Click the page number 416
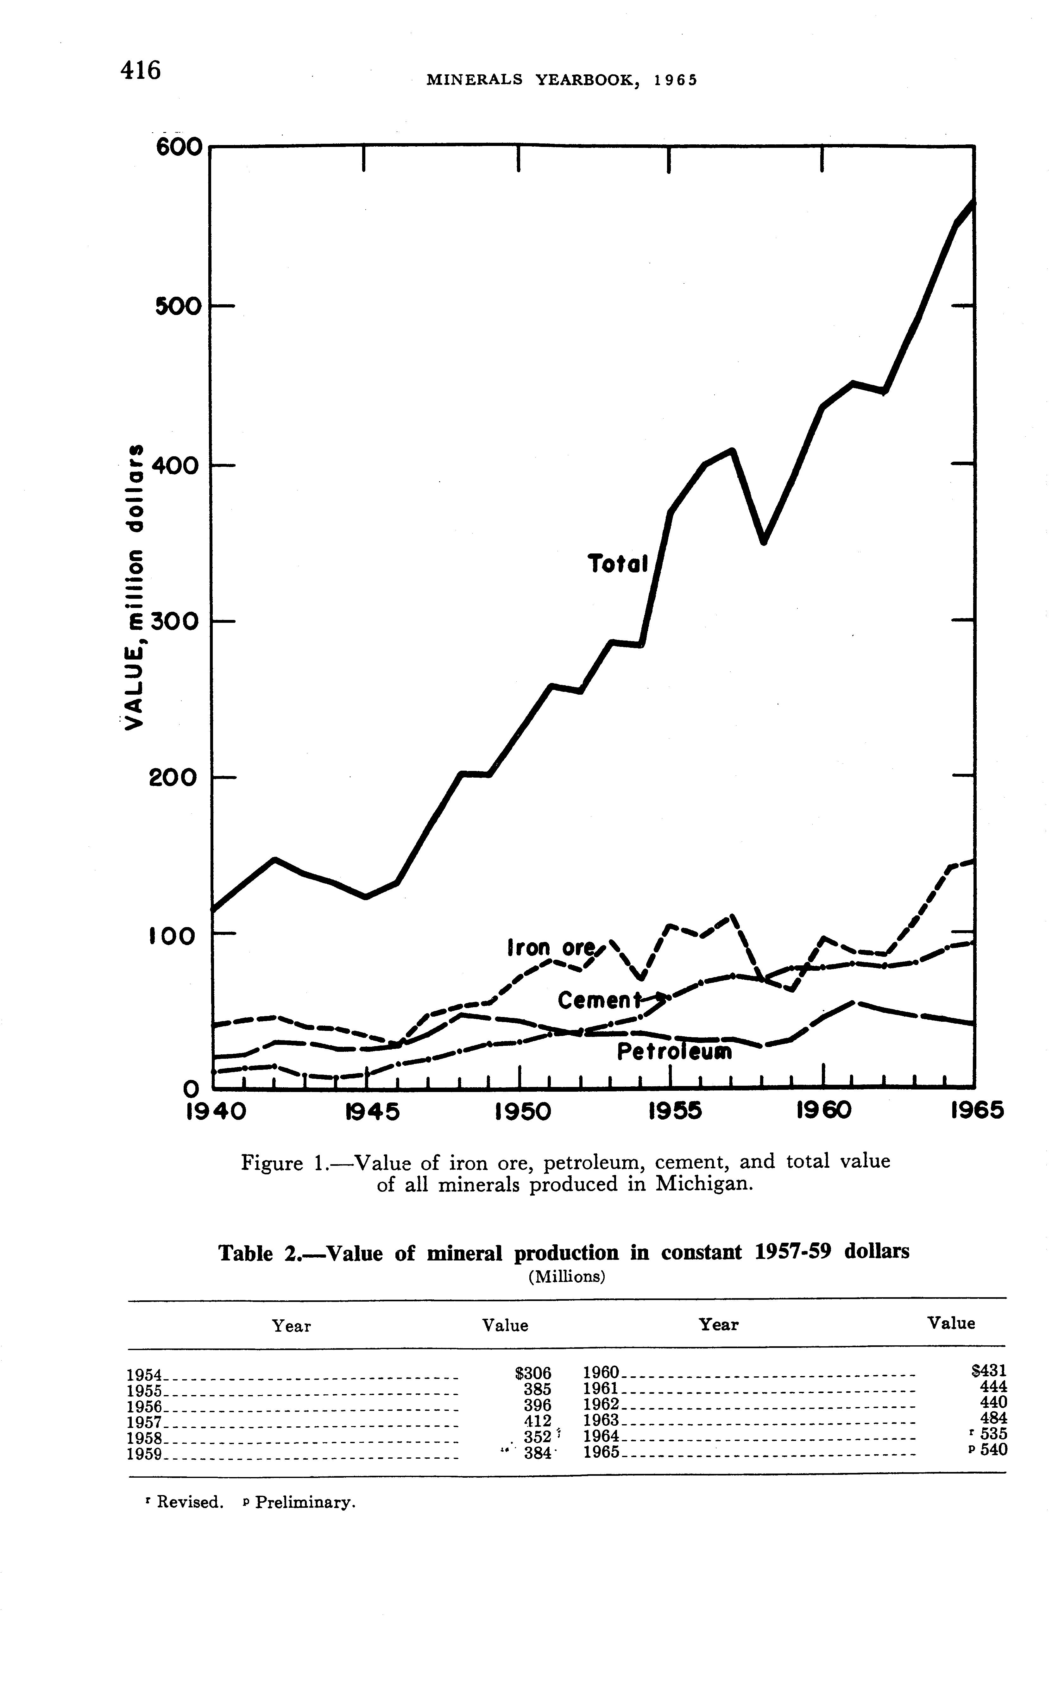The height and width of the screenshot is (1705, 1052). pyautogui.click(x=141, y=70)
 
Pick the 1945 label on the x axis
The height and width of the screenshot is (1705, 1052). pyautogui.click(x=372, y=1112)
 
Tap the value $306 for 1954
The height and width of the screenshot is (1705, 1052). pyautogui.click(x=533, y=1373)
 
